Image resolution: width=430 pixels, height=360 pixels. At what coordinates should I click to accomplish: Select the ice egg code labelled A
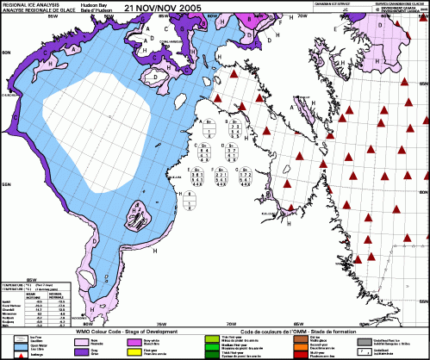[x=208, y=129]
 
